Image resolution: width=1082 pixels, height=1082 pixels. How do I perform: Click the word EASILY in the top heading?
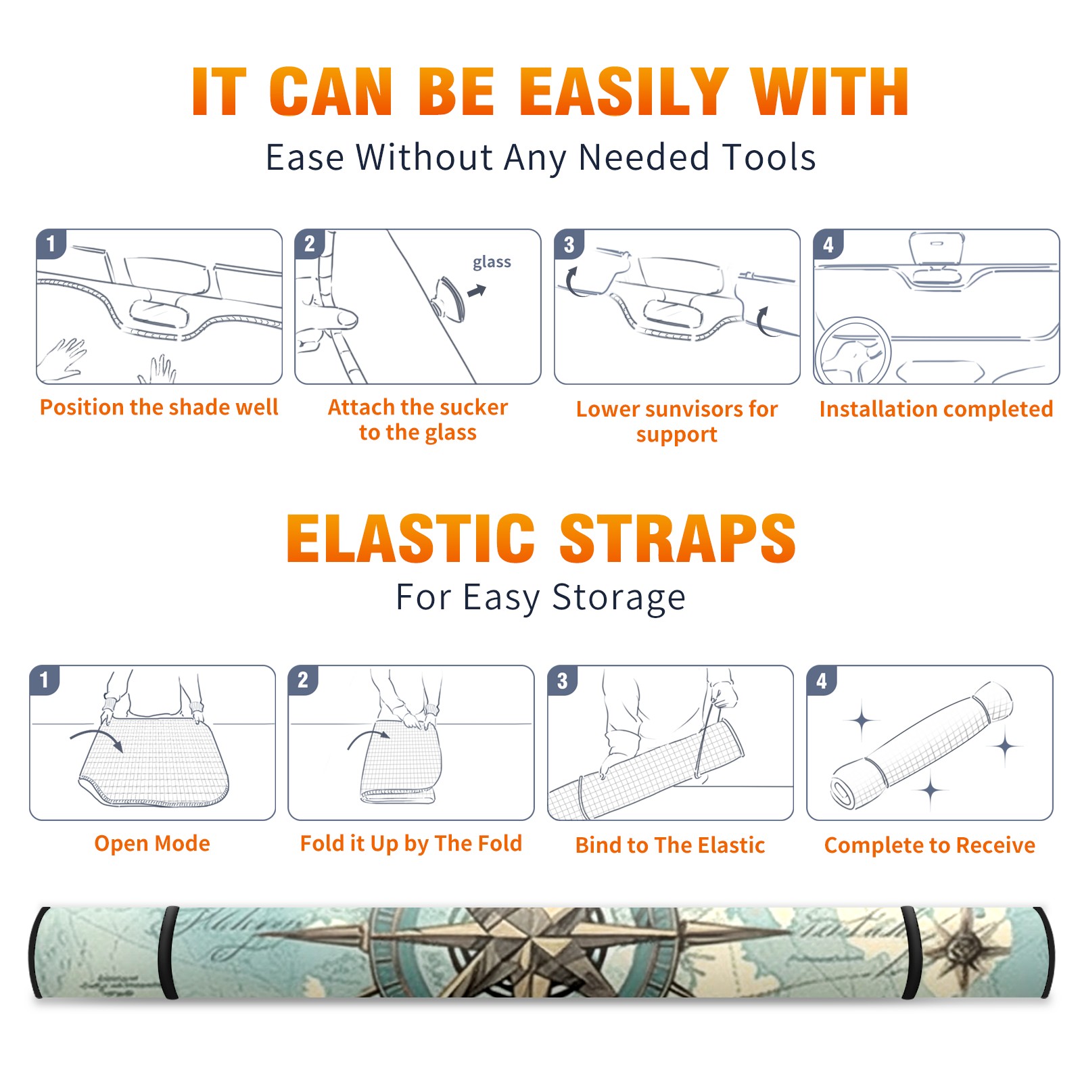624,92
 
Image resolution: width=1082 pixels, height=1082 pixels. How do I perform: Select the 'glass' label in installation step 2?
492,262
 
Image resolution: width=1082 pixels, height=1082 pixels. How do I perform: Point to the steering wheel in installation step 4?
853,351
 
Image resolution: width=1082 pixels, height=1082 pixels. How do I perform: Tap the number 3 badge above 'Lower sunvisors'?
569,245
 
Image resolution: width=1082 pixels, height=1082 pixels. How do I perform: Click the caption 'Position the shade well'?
159,407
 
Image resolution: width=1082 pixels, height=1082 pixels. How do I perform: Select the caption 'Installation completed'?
936,409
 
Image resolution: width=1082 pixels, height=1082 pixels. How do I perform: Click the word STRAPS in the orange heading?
678,538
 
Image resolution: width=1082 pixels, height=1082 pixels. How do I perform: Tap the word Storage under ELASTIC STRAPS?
619,598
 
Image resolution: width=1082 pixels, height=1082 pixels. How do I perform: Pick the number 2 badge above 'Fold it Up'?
303,680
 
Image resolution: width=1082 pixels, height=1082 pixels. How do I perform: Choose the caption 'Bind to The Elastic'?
670,845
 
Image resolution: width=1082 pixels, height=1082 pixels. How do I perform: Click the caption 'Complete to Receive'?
930,845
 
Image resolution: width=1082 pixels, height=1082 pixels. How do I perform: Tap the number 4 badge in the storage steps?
822,680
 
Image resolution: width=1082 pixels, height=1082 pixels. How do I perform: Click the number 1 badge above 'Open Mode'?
45,680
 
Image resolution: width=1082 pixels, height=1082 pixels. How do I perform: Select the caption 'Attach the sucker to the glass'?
418,419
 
